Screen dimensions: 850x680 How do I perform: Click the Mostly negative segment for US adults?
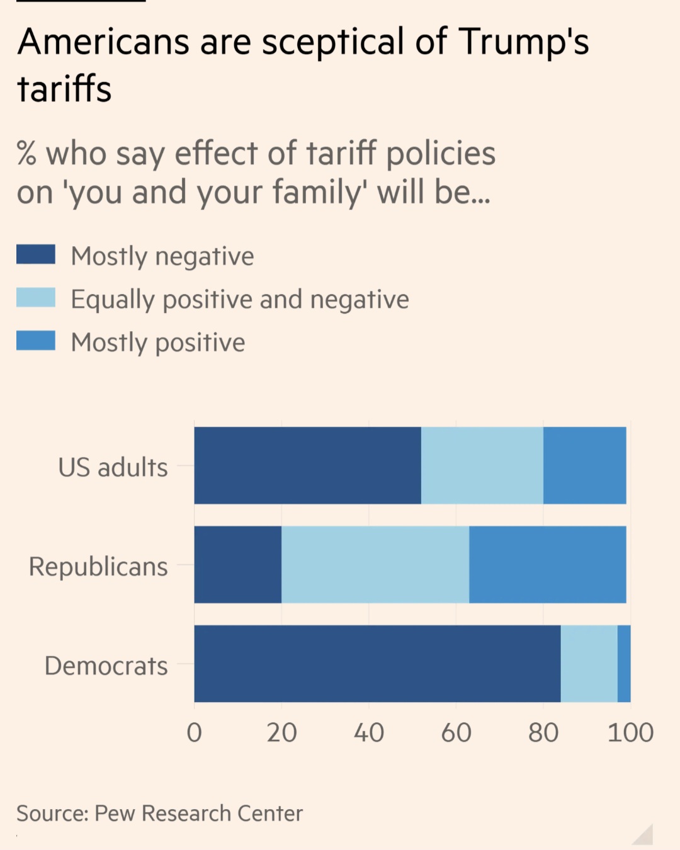tap(307, 465)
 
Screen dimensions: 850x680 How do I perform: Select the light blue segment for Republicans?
tap(375, 565)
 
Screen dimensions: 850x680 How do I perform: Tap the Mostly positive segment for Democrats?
tap(624, 664)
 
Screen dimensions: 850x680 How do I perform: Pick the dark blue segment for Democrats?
tap(377, 664)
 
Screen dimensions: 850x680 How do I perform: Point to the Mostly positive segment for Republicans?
tap(547, 565)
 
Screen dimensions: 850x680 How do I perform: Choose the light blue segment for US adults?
tap(482, 465)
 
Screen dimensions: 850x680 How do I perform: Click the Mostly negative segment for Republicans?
tap(238, 565)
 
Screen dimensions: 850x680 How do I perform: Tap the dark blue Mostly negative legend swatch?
tap(36, 255)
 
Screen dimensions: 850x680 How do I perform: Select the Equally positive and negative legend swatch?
tap(36, 298)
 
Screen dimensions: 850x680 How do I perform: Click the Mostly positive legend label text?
tap(158, 343)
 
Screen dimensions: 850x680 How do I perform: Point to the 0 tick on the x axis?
tap(195, 732)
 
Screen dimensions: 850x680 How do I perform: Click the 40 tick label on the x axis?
tap(369, 732)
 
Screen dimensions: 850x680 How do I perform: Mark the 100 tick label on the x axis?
tap(630, 732)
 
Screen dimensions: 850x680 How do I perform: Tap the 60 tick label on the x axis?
tap(456, 732)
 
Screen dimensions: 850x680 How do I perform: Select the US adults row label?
tap(113, 467)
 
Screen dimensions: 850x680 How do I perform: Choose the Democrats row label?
tap(106, 666)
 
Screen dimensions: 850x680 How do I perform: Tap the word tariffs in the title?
tap(64, 89)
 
